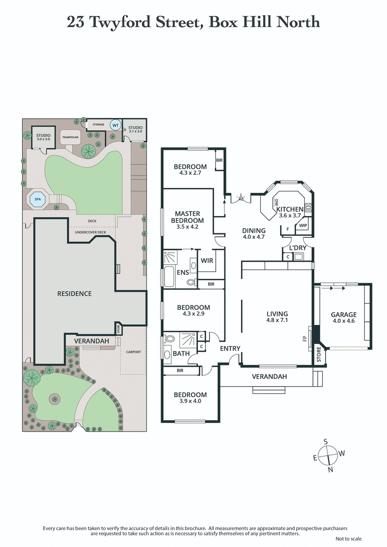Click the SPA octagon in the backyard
coord(37,198)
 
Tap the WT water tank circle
coord(115,125)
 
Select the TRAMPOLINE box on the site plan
coord(70,137)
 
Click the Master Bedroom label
coord(188,217)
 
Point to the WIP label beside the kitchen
coord(303,226)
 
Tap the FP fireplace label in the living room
coord(305,339)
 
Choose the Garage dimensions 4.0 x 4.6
coord(343,321)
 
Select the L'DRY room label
coord(298,248)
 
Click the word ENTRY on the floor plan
coord(230,348)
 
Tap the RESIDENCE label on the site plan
coord(74,293)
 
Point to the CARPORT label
coord(134,352)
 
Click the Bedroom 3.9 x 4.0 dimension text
coord(190,402)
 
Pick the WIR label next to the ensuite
coord(208,260)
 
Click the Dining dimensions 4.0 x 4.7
coord(254,237)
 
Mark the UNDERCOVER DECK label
coord(90,232)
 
